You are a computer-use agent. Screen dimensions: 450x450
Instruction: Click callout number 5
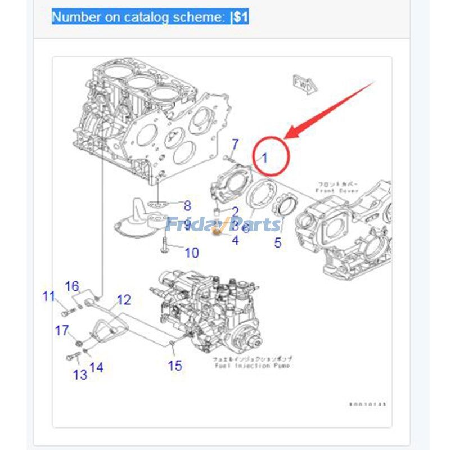[277, 243]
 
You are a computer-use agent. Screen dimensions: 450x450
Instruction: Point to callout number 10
[191, 253]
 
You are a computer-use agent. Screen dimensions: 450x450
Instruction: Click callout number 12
[123, 300]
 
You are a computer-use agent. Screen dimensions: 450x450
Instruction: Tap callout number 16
[72, 286]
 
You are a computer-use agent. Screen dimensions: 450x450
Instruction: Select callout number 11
[49, 296]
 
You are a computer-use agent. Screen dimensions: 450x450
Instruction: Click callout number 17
[61, 330]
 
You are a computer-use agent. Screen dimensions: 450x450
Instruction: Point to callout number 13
[80, 374]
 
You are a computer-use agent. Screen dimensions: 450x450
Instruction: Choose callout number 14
[96, 367]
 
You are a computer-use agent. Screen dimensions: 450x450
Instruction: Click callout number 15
[175, 366]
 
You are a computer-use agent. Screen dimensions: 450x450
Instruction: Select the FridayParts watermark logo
[223, 224]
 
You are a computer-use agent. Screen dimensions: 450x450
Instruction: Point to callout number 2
[235, 212]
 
